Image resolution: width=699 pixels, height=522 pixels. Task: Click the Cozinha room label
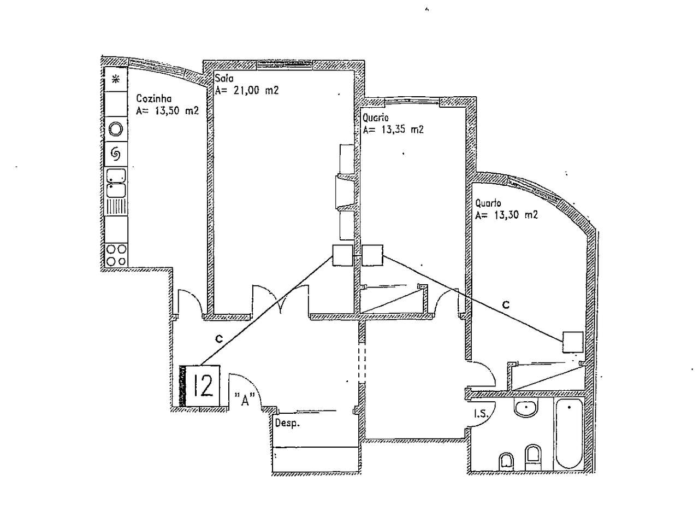tap(154, 99)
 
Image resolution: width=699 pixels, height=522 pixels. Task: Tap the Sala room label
tap(224, 79)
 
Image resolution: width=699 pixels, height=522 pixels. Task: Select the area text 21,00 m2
tap(247, 91)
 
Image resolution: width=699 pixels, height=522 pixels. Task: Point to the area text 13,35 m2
tap(393, 130)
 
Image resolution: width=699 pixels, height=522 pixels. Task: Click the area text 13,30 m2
tap(507, 215)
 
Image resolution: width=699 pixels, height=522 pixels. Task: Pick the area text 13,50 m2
tap(167, 111)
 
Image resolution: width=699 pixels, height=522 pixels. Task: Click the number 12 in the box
tap(203, 385)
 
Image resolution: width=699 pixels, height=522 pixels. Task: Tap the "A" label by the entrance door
tap(245, 400)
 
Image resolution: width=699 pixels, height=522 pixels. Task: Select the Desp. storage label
tap(287, 424)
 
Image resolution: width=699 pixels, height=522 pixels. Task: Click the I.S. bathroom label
tap(480, 415)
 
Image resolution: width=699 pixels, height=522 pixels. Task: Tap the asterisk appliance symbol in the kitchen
tap(116, 79)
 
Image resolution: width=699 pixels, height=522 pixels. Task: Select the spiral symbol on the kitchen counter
tap(116, 154)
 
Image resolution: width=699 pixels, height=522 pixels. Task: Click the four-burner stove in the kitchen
tap(116, 255)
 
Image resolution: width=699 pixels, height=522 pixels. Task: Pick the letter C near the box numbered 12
tap(218, 339)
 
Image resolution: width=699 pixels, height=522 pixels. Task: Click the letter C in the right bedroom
tap(506, 305)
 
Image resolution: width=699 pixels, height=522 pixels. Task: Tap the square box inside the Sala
tap(343, 255)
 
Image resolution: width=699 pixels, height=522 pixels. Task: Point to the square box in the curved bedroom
tap(573, 342)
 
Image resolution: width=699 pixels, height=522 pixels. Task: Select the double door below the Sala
tap(280, 300)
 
